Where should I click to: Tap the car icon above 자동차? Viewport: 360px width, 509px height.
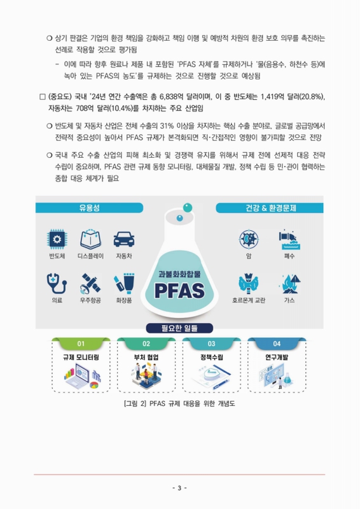click(x=124, y=239)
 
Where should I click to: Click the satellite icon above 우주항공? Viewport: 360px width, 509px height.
click(x=90, y=282)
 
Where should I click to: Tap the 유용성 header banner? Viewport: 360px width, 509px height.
click(x=90, y=208)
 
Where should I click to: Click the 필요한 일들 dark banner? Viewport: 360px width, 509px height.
click(x=180, y=328)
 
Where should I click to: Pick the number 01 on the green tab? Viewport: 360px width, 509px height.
click(x=81, y=344)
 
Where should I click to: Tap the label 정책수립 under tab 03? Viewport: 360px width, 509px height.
click(x=211, y=357)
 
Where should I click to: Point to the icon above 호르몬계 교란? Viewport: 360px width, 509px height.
click(x=248, y=282)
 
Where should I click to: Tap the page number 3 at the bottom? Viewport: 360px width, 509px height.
click(x=180, y=488)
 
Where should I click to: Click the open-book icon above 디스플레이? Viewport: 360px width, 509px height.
click(x=90, y=239)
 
